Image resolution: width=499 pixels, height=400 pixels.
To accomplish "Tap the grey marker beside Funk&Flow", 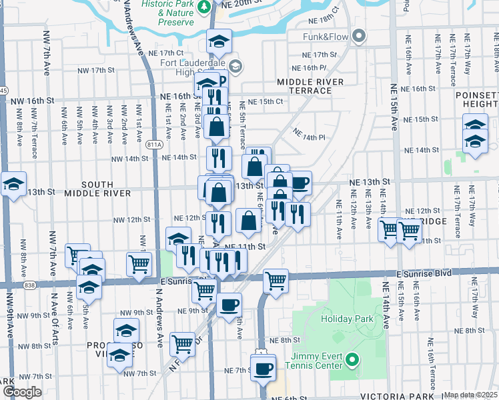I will click(x=360, y=35).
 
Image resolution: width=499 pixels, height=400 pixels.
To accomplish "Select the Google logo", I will click(x=21, y=392).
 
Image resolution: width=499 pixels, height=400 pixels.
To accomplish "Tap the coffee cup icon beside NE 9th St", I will click(x=229, y=304).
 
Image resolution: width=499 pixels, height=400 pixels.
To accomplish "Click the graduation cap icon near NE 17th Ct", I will click(x=219, y=42).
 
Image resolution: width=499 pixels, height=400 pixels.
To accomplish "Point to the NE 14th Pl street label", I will click(x=311, y=137).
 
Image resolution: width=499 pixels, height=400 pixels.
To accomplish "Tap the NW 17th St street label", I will click(x=94, y=70).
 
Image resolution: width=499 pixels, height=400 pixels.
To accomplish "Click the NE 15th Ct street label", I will click(x=266, y=101).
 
